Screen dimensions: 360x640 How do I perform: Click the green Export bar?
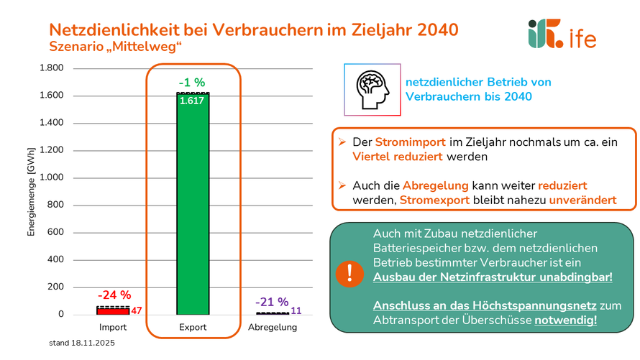click(192, 208)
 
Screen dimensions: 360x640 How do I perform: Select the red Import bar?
click(113, 310)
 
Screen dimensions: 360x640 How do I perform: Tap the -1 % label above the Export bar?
click(192, 83)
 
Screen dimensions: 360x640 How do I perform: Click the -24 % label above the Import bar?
click(114, 295)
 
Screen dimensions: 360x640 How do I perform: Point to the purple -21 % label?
click(273, 302)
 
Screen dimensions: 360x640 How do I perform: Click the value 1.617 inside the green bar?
click(192, 101)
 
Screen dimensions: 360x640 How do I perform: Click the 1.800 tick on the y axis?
click(51, 68)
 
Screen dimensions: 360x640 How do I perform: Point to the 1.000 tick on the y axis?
click(51, 177)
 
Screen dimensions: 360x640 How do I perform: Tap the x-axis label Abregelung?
click(272, 328)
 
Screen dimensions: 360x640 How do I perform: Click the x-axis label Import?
click(113, 328)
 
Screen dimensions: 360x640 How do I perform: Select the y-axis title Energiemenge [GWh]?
click(31, 191)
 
